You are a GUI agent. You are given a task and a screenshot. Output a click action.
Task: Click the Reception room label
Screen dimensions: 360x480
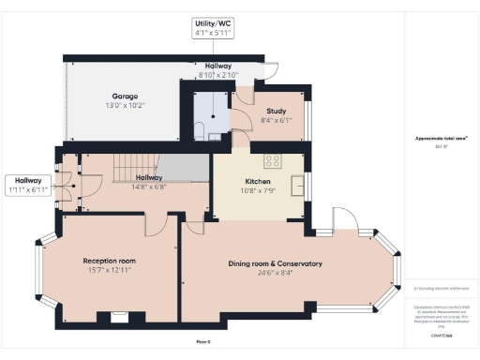point(110,262)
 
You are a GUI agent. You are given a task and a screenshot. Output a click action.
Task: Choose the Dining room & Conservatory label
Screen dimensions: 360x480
point(275,264)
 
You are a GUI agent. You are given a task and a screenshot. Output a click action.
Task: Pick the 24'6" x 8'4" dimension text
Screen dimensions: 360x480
point(275,274)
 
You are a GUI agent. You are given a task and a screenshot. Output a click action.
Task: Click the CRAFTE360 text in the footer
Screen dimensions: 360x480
point(442,333)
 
